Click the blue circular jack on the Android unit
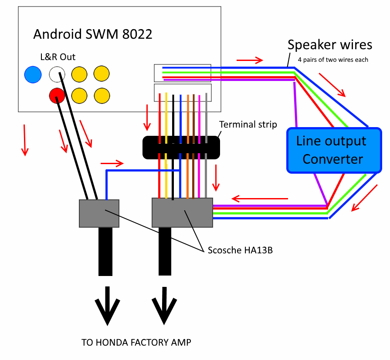[x=33, y=74]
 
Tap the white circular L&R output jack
[x=57, y=74]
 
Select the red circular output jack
[x=57, y=95]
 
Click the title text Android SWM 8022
[x=93, y=34]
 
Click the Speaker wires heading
[x=330, y=45]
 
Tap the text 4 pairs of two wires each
[x=333, y=60]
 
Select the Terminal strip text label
[x=248, y=124]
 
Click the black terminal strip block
[x=181, y=147]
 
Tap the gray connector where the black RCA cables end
[x=99, y=213]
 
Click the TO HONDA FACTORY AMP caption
[x=136, y=343]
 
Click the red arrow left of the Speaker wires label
[x=250, y=60]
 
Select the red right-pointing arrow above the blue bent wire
[x=112, y=164]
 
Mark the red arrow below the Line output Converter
[x=364, y=198]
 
